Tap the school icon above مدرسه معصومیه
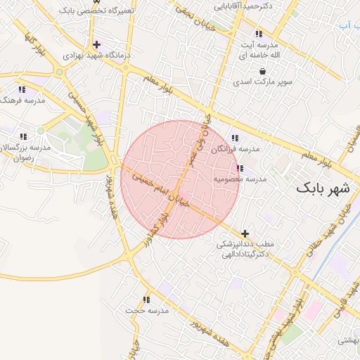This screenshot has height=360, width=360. pos(240,169)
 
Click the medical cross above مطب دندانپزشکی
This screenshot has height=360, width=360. pos(245,233)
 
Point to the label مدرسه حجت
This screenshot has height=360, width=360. pos(148,310)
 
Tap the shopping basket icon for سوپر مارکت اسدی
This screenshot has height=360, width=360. pos(262,71)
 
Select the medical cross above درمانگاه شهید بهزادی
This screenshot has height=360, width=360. pos(96,44)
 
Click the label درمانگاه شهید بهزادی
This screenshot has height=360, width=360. pos(89,55)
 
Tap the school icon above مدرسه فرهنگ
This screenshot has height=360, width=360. pos(22,90)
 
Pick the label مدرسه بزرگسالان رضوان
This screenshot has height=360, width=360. pos(28,153)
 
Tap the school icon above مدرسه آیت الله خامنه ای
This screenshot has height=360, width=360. pos(259,34)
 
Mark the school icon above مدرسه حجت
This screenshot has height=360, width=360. pos(146,300)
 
